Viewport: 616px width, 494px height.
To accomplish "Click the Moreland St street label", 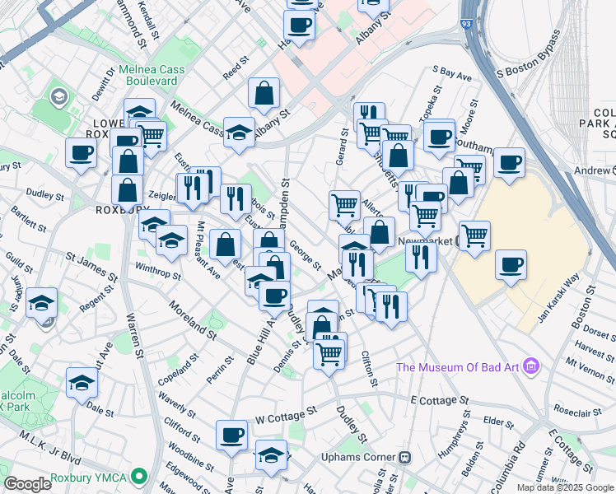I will tap(192, 321).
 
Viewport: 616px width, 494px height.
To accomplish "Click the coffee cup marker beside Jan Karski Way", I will tap(511, 265).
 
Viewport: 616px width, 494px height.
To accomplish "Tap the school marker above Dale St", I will tap(82, 383).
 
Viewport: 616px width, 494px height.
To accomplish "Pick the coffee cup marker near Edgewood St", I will tap(231, 434).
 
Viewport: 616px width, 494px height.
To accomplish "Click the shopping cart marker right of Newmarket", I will tap(475, 235).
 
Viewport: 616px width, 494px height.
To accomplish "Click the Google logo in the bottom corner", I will tap(27, 484).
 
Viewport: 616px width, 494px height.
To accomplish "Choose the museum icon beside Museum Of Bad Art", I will tap(531, 366).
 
